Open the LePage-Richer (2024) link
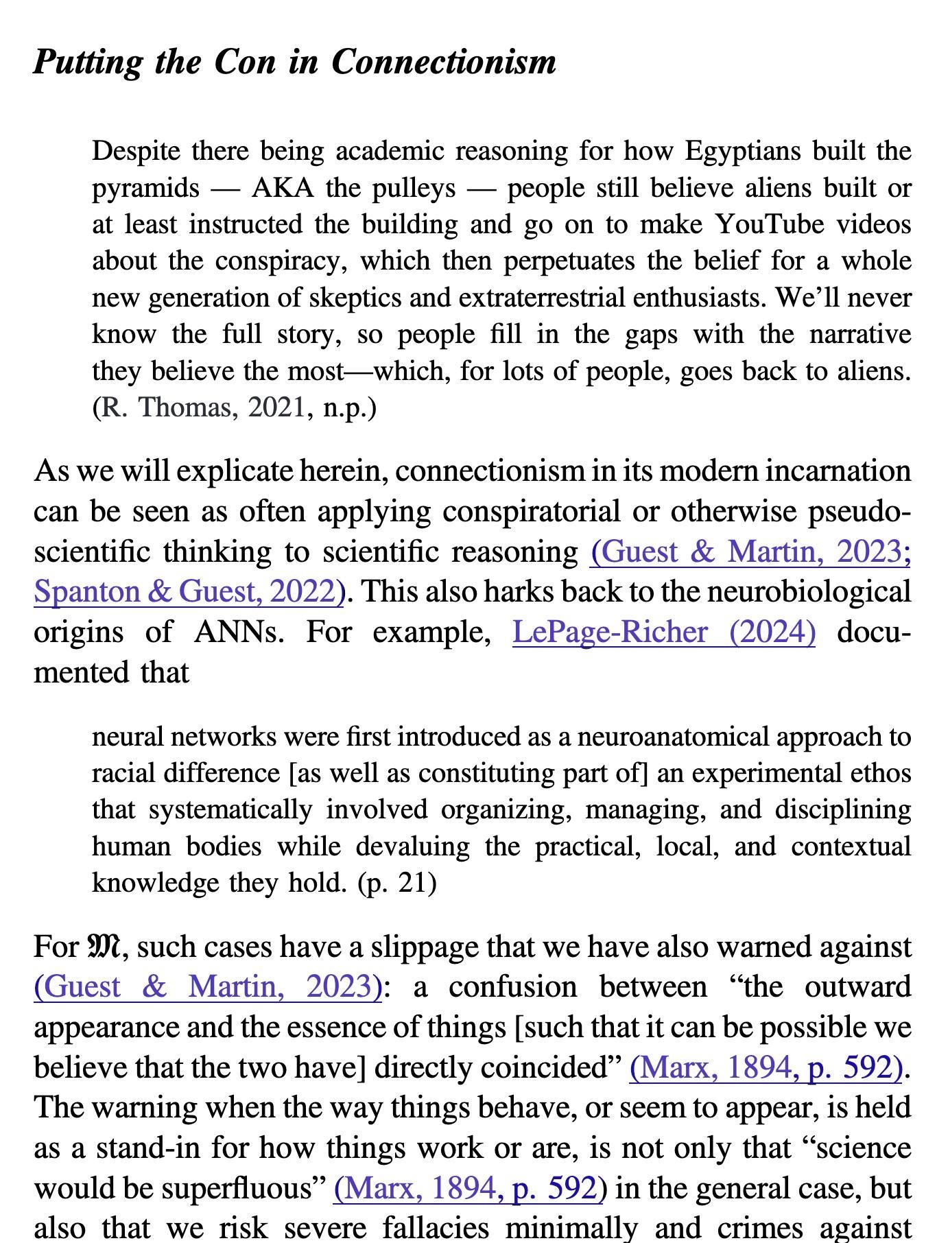click(x=663, y=632)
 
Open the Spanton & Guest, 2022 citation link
click(x=189, y=591)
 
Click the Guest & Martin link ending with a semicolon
click(x=750, y=552)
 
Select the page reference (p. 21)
click(x=396, y=882)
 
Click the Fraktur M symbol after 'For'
click(x=104, y=947)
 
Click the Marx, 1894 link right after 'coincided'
click(x=765, y=1067)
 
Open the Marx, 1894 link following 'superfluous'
click(x=469, y=1188)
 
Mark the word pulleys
click(x=414, y=188)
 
